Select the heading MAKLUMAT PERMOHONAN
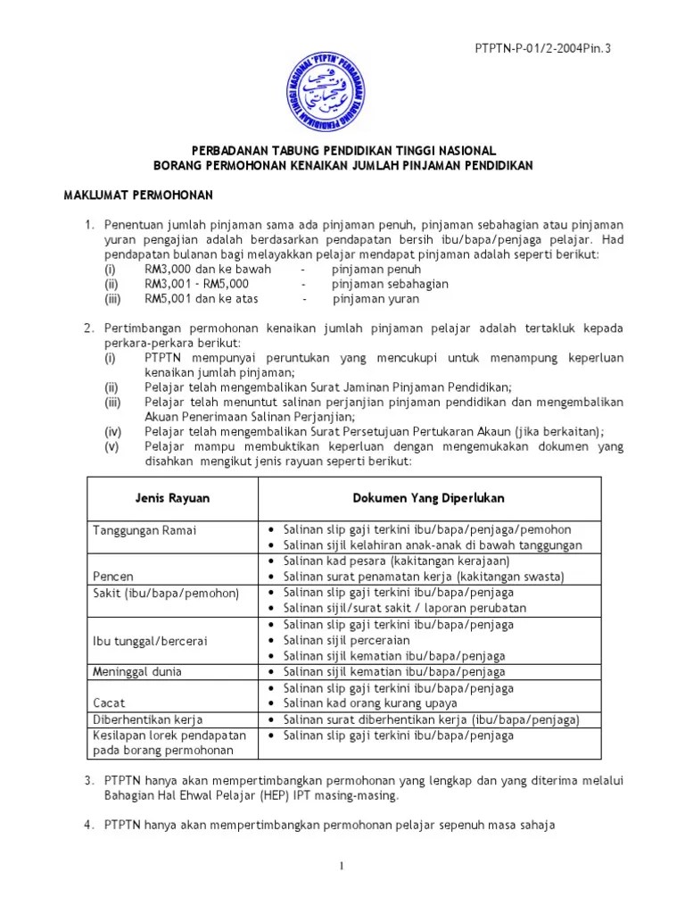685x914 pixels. [136, 195]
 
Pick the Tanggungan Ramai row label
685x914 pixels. [144, 530]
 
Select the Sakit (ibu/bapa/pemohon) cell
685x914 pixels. [154, 593]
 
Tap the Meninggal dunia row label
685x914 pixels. [137, 671]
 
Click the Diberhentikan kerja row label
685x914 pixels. [148, 719]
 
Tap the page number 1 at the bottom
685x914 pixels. [342, 865]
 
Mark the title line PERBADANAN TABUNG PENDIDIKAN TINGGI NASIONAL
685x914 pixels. [342, 150]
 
